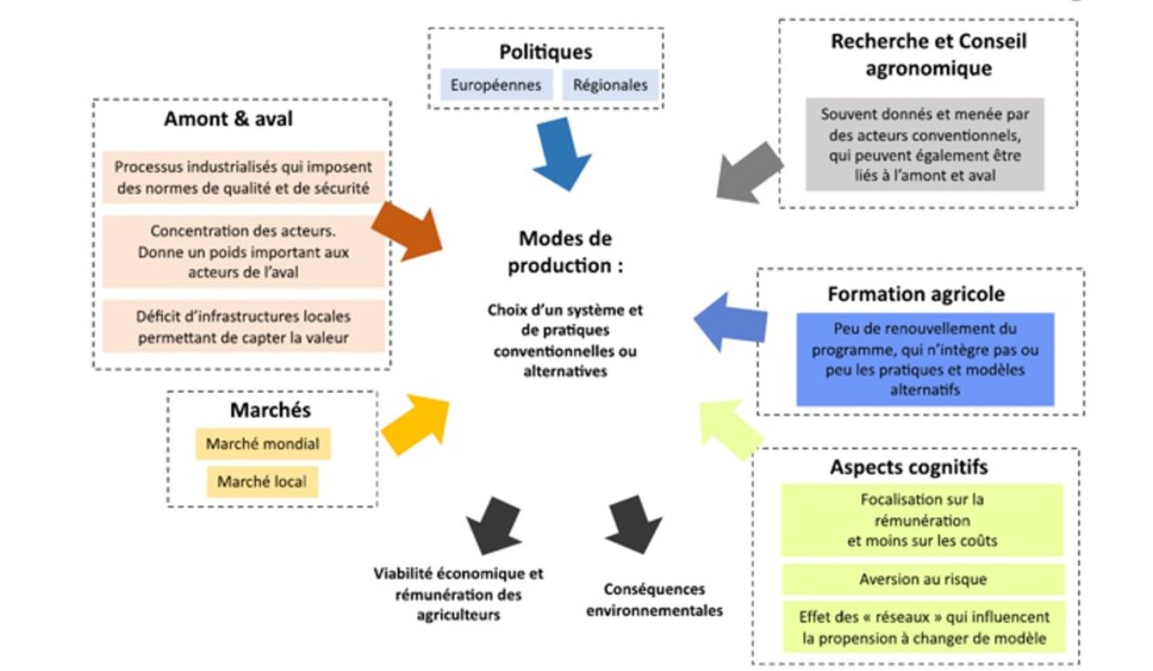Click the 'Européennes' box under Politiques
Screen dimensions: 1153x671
[x=496, y=85]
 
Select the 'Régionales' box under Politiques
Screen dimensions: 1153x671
[x=611, y=85]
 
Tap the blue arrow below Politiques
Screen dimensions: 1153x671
[x=562, y=153]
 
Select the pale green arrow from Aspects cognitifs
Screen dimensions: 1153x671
[x=730, y=429]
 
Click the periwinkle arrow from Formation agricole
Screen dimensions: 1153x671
[x=731, y=322]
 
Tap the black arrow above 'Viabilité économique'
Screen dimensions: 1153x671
[x=495, y=526]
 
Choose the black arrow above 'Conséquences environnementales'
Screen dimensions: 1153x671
[x=633, y=525]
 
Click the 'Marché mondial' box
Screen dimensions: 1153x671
[x=263, y=443]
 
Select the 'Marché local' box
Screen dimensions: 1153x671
[x=262, y=482]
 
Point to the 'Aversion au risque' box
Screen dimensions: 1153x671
[x=923, y=579]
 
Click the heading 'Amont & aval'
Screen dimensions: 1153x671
[x=229, y=119]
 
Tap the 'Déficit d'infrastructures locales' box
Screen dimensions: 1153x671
[x=243, y=327]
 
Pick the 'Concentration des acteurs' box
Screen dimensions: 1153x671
[x=243, y=251]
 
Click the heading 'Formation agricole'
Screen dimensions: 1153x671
[x=916, y=295]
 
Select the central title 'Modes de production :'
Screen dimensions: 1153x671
[x=565, y=252]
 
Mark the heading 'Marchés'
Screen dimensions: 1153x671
[x=271, y=410]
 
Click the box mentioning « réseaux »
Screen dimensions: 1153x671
[x=924, y=628]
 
